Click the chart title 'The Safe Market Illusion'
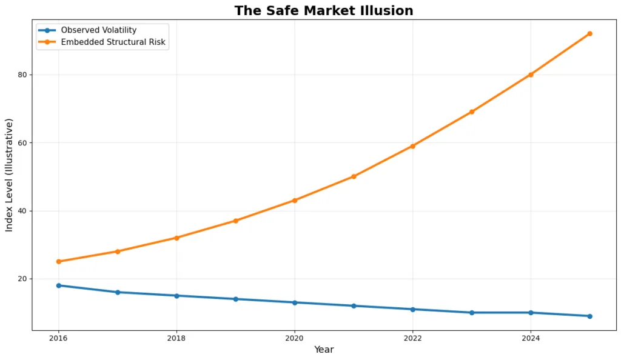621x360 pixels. tap(324, 11)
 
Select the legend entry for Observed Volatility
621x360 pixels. tap(98, 30)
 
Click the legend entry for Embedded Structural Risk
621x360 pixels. tap(113, 42)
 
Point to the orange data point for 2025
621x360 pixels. tap(589, 33)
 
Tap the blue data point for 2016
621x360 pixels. tap(59, 285)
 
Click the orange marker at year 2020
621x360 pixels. tap(295, 200)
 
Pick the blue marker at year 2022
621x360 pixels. tap(412, 309)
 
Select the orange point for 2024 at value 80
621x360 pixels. tap(531, 75)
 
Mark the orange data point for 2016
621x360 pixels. tap(59, 261)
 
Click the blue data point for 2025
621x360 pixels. tap(589, 316)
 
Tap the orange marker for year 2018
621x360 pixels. tap(176, 238)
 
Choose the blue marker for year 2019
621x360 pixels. tap(236, 299)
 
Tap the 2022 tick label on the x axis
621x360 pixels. tap(412, 338)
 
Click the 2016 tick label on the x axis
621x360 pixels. tap(59, 338)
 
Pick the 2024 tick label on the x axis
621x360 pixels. tap(531, 338)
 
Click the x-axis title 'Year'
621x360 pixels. tap(324, 350)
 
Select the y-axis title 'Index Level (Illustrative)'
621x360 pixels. tap(9, 175)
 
